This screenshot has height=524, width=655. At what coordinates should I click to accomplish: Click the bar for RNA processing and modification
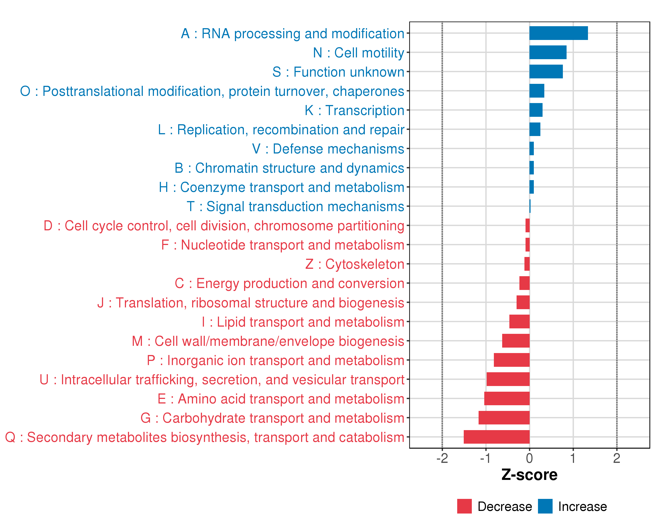click(558, 33)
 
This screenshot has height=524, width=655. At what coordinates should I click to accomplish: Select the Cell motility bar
click(548, 52)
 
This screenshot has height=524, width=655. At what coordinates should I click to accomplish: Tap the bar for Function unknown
click(546, 71)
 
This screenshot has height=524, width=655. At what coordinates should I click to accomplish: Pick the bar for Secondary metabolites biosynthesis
click(496, 437)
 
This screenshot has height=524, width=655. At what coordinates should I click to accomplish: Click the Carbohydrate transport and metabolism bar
click(504, 418)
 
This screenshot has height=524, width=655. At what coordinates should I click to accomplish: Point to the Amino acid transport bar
click(507, 398)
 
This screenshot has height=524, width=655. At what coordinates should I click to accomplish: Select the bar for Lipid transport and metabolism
click(519, 321)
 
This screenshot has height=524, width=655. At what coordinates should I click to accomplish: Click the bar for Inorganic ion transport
click(512, 360)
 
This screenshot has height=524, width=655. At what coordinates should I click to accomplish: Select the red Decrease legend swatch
click(464, 506)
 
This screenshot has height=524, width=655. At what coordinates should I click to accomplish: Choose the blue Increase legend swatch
click(545, 506)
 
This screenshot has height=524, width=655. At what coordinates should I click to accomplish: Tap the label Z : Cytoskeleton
click(355, 264)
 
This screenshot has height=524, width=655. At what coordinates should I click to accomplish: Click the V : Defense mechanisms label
click(328, 149)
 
